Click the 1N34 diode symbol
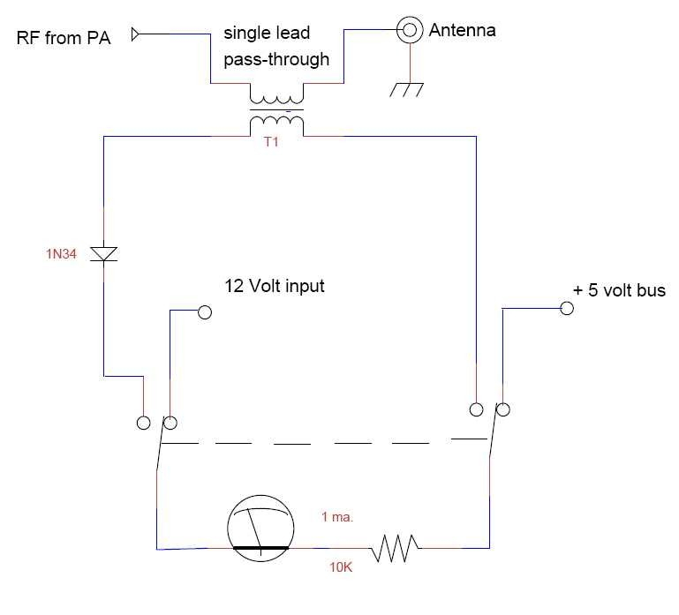coord(103,254)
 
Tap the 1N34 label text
coord(61,254)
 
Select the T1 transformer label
coord(271,142)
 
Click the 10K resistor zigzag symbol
coord(395,548)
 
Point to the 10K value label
coord(341,567)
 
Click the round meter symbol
coord(260,529)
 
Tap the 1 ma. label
coord(337,517)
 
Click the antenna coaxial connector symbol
coord(410,30)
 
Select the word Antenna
coord(462,30)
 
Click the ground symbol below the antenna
coord(406,90)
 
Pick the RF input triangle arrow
coord(136,34)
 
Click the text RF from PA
coord(64,38)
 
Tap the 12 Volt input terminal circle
coord(204,312)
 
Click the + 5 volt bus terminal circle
coord(567,308)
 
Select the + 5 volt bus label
coord(619,290)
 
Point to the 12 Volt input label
coord(275,286)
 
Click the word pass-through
coord(276,59)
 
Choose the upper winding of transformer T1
coord(276,100)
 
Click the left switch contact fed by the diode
coord(143,423)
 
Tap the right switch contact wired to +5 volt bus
coord(502,409)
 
